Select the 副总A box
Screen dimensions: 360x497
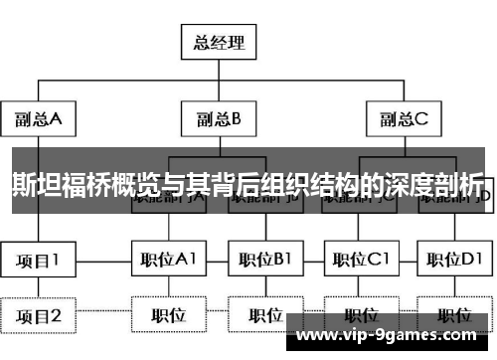[x=38, y=119]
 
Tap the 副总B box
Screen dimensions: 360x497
[x=218, y=119]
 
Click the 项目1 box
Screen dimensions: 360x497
[x=38, y=261]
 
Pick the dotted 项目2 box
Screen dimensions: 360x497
[x=38, y=316]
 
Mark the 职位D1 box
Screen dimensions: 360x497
[x=452, y=261]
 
